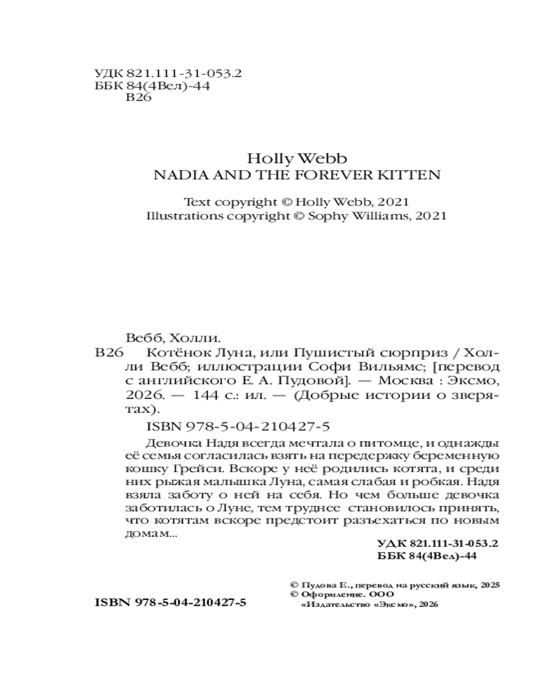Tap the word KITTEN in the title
coord(412,175)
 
